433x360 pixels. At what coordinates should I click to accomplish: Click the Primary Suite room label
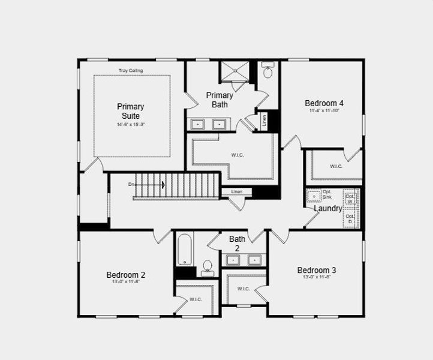click(x=130, y=111)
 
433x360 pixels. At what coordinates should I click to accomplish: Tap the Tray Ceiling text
click(x=130, y=71)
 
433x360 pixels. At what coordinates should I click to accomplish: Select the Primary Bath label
click(x=219, y=100)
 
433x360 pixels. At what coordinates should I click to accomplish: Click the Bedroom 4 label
click(x=324, y=103)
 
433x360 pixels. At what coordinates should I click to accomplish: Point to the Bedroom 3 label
click(x=317, y=270)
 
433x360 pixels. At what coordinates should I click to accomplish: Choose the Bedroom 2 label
click(x=126, y=275)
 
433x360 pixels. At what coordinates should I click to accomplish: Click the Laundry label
click(x=328, y=209)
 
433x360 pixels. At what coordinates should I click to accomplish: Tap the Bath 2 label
click(x=237, y=243)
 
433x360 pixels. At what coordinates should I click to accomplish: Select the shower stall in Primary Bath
click(x=236, y=71)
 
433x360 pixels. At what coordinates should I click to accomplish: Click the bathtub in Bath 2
click(x=185, y=250)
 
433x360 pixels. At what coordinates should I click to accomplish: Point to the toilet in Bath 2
click(x=208, y=267)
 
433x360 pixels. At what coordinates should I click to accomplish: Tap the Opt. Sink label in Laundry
click(x=327, y=194)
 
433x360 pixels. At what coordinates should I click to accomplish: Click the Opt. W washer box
click(x=350, y=198)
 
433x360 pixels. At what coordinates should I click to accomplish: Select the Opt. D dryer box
click(x=350, y=218)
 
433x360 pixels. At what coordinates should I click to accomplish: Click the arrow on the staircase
click(x=162, y=184)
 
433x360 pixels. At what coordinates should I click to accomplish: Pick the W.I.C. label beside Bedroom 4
click(x=336, y=166)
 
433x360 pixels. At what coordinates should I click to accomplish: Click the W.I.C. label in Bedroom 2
click(x=196, y=299)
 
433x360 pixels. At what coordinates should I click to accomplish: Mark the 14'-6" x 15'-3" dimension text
click(x=131, y=124)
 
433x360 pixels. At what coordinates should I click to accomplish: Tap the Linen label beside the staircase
click(x=237, y=192)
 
